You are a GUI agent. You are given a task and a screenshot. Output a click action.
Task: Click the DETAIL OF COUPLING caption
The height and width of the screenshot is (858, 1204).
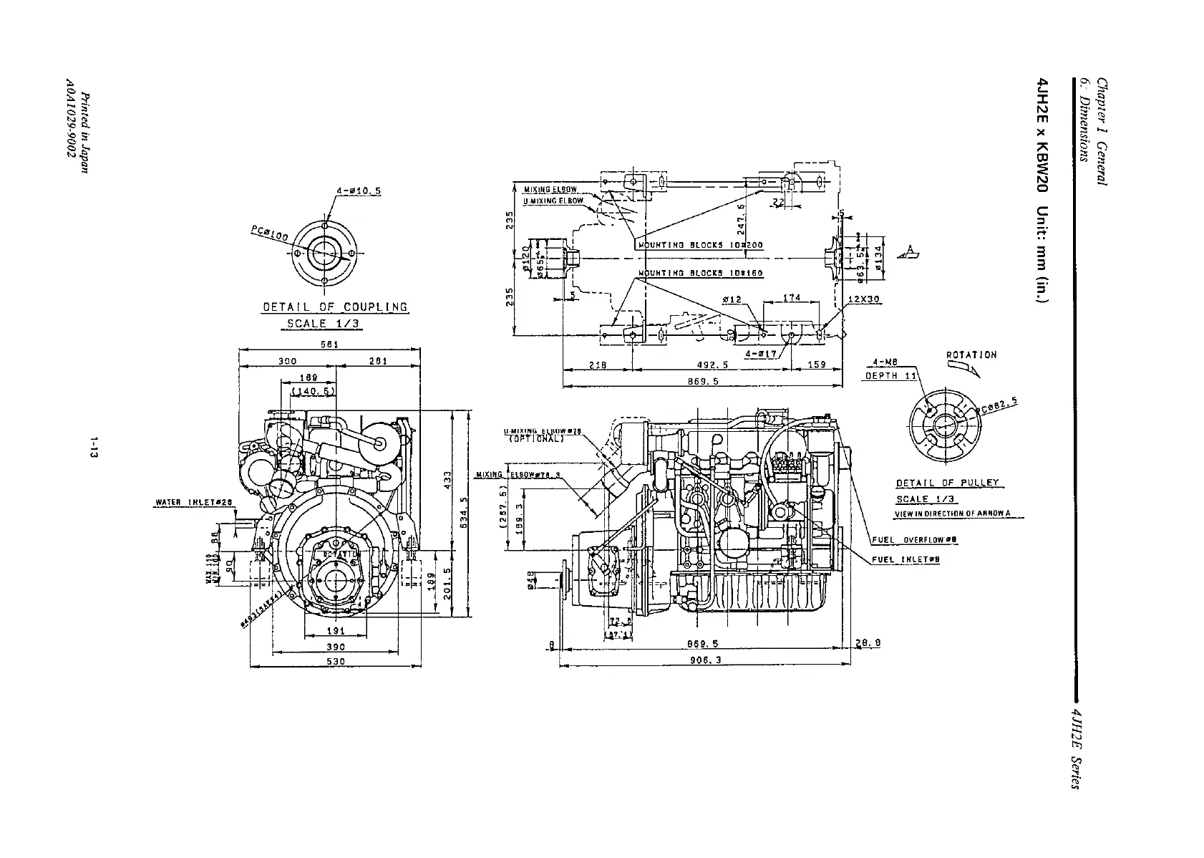pyautogui.click(x=335, y=307)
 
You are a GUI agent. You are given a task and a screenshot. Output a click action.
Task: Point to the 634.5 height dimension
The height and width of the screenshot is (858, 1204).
pyautogui.click(x=464, y=514)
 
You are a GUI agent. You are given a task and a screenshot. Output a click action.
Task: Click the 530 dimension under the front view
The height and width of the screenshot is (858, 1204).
pyautogui.click(x=336, y=661)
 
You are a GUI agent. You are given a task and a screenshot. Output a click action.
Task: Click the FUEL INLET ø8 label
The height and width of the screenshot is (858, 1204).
pyautogui.click(x=906, y=560)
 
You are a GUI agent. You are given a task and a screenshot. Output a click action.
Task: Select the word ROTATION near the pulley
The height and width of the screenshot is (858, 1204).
pyautogui.click(x=971, y=355)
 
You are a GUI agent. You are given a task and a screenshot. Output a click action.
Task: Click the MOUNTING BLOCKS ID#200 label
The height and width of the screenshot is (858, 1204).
pyautogui.click(x=700, y=245)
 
